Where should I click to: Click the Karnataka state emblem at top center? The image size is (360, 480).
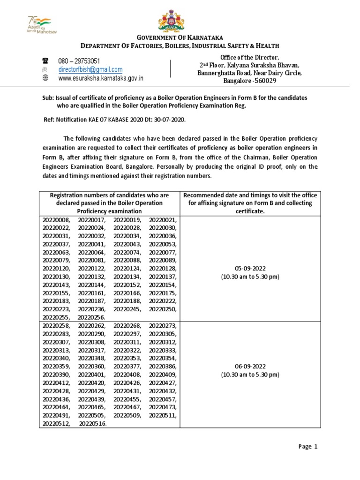click(x=180, y=19)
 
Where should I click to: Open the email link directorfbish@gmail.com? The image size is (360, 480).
click(x=90, y=69)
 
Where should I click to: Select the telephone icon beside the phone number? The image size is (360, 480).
click(x=45, y=61)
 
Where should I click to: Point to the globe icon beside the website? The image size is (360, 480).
click(x=45, y=78)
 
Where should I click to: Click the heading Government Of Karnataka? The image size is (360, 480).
click(x=180, y=37)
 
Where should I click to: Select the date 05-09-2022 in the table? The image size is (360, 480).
click(x=250, y=269)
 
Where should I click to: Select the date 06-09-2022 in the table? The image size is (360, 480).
click(x=250, y=367)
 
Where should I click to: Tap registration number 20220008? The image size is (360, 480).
click(x=56, y=220)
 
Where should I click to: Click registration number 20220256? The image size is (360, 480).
click(x=91, y=317)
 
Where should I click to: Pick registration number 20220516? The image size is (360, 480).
click(x=93, y=423)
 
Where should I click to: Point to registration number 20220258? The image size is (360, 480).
click(x=56, y=325)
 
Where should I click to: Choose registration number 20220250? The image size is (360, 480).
click(x=163, y=309)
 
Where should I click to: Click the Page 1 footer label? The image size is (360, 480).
click(x=308, y=447)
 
